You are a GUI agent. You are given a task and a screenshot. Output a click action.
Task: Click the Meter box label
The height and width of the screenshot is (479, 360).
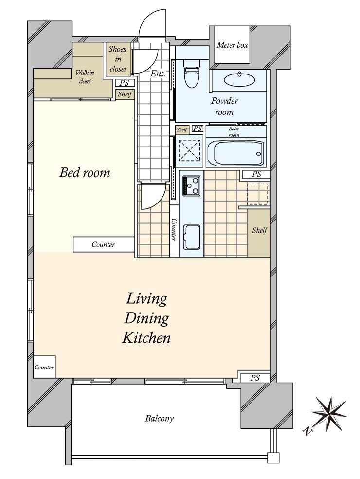[x=233, y=45]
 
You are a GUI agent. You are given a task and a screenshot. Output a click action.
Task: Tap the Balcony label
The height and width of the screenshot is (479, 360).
[x=159, y=418]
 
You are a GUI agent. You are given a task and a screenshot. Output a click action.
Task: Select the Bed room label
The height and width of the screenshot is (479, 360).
[x=85, y=173]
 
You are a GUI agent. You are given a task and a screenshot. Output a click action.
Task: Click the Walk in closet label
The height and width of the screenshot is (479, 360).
[x=85, y=77]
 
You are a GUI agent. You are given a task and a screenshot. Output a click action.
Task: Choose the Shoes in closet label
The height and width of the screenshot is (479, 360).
[x=118, y=58]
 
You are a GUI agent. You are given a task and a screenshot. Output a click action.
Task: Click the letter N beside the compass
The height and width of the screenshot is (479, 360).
[x=308, y=431]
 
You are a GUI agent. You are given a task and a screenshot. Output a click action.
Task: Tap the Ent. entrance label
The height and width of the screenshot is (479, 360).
[x=158, y=74]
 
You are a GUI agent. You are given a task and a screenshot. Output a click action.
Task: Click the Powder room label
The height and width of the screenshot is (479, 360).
[x=224, y=106]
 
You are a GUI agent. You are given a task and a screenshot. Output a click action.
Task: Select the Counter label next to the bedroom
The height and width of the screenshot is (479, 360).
[x=103, y=245]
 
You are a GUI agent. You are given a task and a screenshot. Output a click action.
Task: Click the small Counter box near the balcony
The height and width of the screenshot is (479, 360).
[x=44, y=367]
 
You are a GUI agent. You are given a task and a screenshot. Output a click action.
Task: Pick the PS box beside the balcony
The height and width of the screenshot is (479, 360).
[x=255, y=378]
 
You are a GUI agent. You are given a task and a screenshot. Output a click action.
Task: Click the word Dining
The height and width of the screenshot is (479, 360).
[x=146, y=319]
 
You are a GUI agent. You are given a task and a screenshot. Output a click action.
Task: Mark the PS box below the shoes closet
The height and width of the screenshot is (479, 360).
[x=124, y=83]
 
